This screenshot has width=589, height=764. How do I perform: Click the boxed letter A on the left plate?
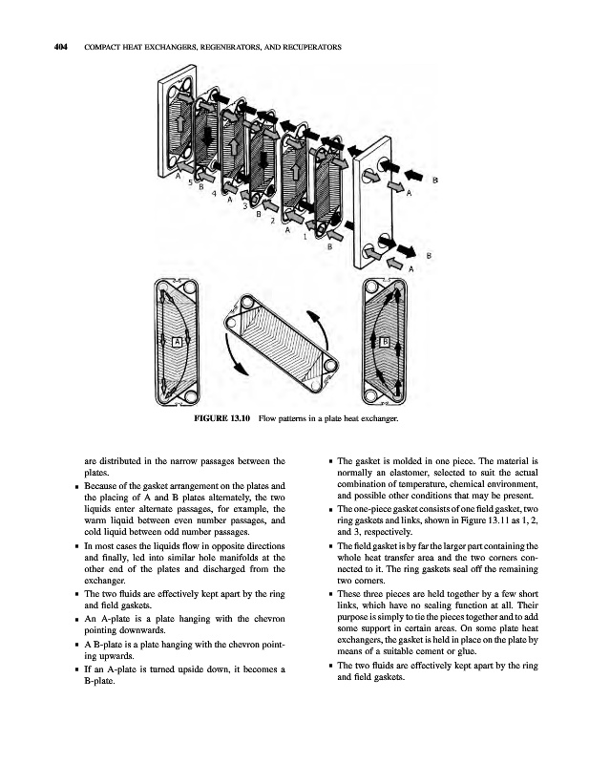click(x=177, y=341)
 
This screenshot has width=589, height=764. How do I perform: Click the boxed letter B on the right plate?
click(x=384, y=341)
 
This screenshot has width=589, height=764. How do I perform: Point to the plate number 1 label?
click(x=303, y=237)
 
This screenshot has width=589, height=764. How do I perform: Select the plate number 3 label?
click(x=245, y=206)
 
